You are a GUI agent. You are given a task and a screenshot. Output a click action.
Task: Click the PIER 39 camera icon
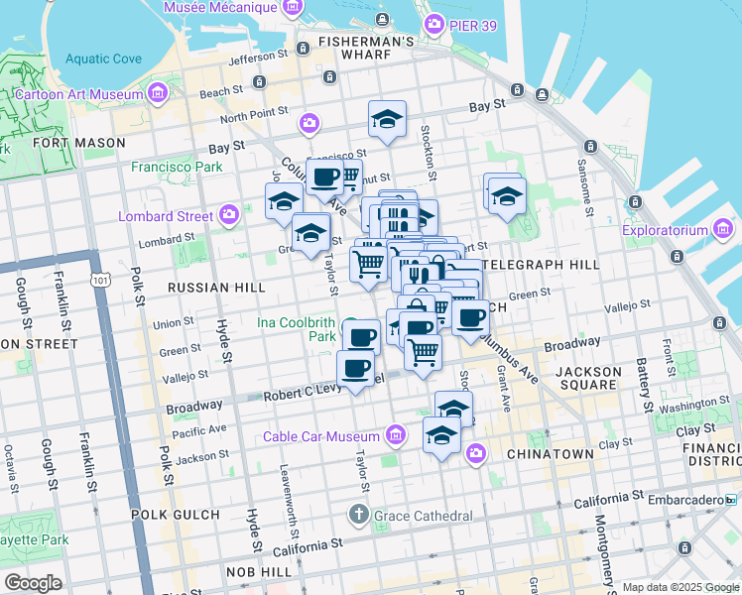tap(433, 23)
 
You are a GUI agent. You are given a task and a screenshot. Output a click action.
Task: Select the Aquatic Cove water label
tap(103, 59)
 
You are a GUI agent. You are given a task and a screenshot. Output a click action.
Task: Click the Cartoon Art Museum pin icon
tap(158, 94)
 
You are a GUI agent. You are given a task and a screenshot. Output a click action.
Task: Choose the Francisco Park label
tap(177, 167)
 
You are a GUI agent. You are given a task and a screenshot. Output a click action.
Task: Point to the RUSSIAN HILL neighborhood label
tap(216, 288)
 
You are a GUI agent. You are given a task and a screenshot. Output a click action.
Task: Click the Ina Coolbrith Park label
tap(297, 329)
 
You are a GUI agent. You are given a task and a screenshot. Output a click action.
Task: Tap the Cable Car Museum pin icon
tap(397, 436)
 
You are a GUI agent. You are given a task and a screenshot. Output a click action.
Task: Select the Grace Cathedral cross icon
tap(359, 515)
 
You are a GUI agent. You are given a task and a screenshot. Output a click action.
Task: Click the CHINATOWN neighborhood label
tap(550, 454)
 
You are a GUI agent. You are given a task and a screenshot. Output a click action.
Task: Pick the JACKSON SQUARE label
tap(589, 379)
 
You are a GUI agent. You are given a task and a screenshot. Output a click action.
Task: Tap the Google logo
tap(33, 583)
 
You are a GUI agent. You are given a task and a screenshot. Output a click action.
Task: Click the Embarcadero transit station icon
tap(732, 499)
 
